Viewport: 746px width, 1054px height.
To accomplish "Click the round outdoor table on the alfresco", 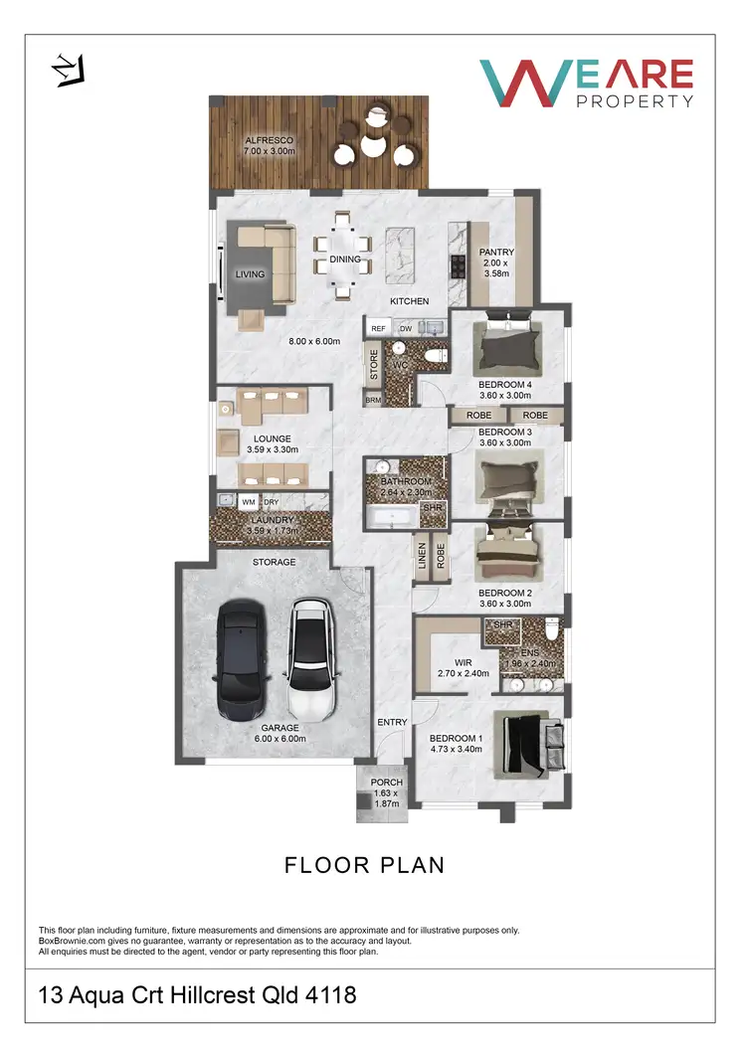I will pos(374,146).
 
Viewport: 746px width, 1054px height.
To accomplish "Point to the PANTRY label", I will pos(494,254).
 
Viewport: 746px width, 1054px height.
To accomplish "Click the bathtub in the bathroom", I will pos(391,517).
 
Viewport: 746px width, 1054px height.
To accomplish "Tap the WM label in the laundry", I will pos(248,503).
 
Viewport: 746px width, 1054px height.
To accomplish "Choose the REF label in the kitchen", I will pos(378,328).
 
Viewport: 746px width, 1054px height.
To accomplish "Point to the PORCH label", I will pos(387,783).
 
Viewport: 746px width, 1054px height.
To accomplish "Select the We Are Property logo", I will pos(586,84).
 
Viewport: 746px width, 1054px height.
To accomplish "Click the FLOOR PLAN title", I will pos(364,865).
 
